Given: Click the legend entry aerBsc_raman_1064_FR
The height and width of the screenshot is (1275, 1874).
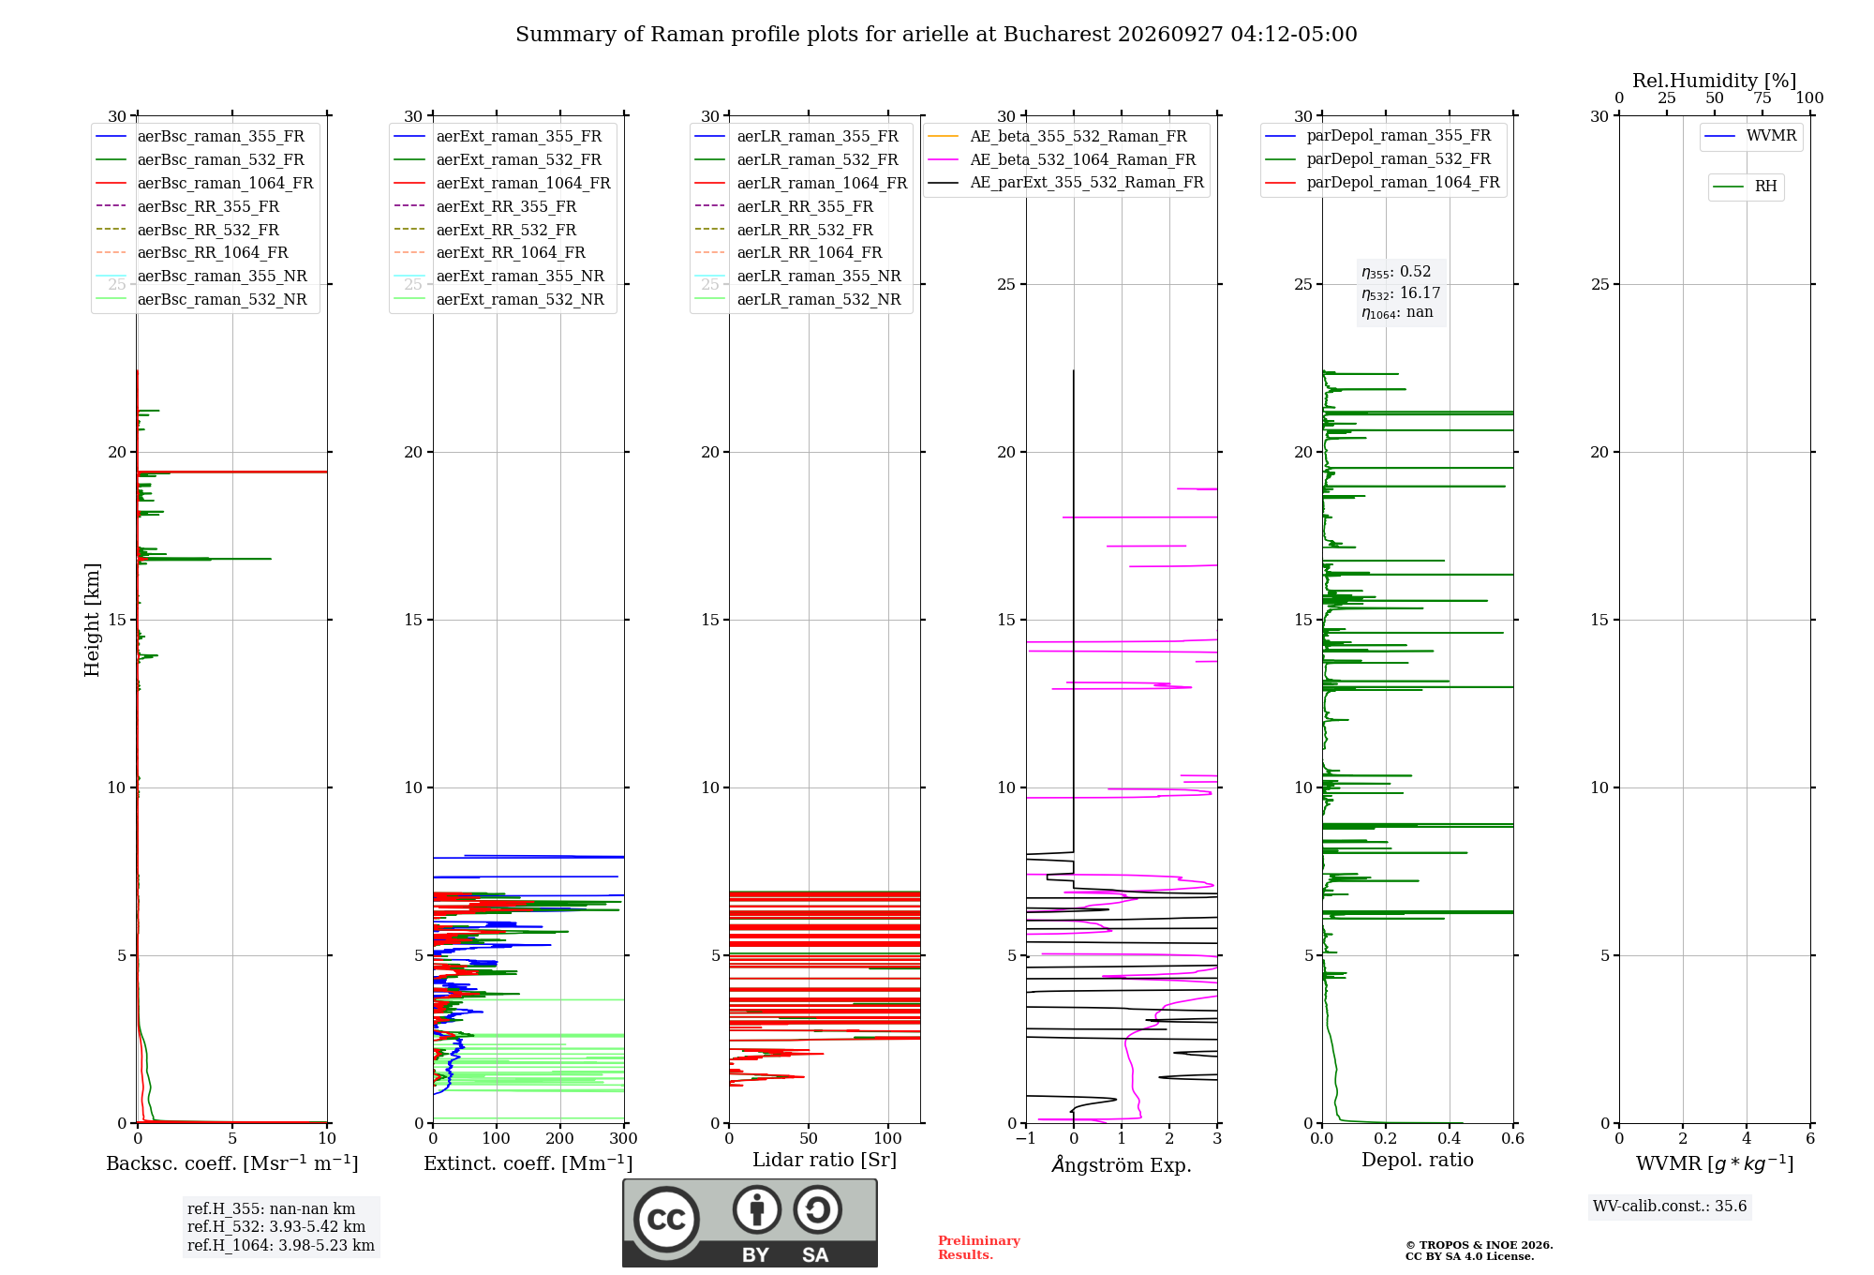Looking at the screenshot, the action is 204,183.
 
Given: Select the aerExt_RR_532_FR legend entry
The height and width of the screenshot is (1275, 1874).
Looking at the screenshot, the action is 485,230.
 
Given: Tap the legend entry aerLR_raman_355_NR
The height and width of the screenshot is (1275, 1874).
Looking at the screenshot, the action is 797,276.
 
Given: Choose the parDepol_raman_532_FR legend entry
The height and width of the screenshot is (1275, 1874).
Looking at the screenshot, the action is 1377,159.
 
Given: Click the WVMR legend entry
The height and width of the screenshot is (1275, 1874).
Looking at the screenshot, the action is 1750,136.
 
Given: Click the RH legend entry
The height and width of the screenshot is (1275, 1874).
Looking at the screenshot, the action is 1745,187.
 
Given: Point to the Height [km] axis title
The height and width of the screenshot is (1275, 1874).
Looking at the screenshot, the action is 92,620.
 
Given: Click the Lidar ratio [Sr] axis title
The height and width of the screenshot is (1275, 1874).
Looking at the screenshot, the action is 825,1160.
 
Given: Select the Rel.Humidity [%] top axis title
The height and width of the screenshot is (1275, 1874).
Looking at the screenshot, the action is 1715,81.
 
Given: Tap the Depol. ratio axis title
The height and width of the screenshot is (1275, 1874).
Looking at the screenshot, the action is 1418,1160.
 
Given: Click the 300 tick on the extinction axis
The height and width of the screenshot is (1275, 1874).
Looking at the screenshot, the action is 623,1138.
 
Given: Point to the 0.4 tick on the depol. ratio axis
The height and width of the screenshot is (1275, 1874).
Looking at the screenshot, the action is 1450,1138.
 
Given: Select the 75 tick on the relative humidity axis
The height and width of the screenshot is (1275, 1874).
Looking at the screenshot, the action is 1762,98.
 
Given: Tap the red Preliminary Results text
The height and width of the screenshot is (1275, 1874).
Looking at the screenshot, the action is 979,1248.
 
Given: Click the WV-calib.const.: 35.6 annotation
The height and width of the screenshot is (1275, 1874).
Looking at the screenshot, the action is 1670,1207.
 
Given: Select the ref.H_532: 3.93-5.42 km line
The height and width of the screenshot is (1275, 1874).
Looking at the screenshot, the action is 276,1226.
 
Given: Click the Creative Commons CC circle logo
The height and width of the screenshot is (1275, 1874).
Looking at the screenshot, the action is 666,1220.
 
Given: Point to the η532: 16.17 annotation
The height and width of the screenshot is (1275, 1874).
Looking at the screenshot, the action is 1401,292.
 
